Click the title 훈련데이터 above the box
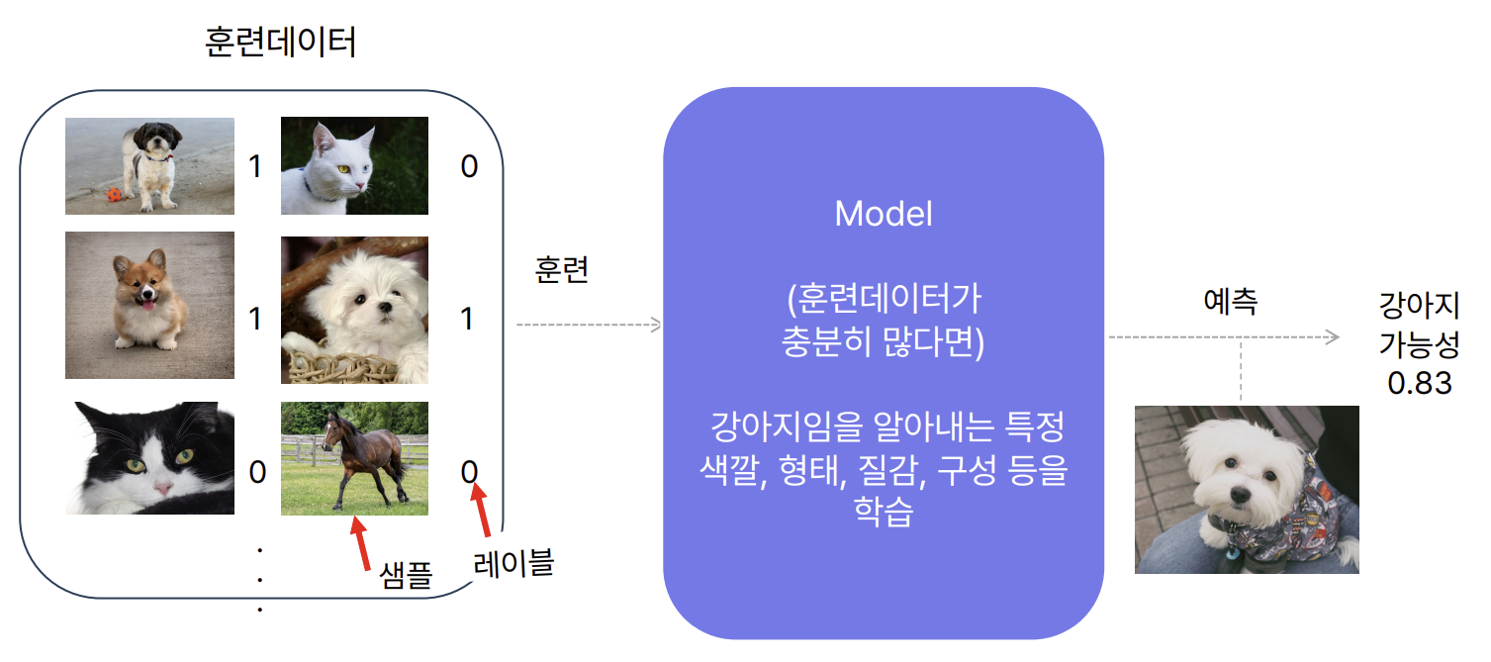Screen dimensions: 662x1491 (280, 44)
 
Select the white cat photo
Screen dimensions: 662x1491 (354, 165)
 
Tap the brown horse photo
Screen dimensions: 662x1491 (354, 458)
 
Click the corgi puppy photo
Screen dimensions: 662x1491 (149, 305)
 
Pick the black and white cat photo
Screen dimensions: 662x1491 (149, 458)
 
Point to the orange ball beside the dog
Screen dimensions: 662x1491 (114, 195)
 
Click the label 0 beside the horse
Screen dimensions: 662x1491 (470, 471)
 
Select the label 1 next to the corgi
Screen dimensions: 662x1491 (256, 319)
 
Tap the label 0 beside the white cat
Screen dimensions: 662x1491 (469, 166)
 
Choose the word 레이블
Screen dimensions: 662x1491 (513, 564)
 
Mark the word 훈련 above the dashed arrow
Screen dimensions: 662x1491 (562, 272)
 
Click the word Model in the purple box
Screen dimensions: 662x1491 (884, 214)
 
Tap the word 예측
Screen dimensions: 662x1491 (1230, 301)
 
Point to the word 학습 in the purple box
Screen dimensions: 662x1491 (883, 513)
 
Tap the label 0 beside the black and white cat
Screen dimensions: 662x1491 (257, 472)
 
